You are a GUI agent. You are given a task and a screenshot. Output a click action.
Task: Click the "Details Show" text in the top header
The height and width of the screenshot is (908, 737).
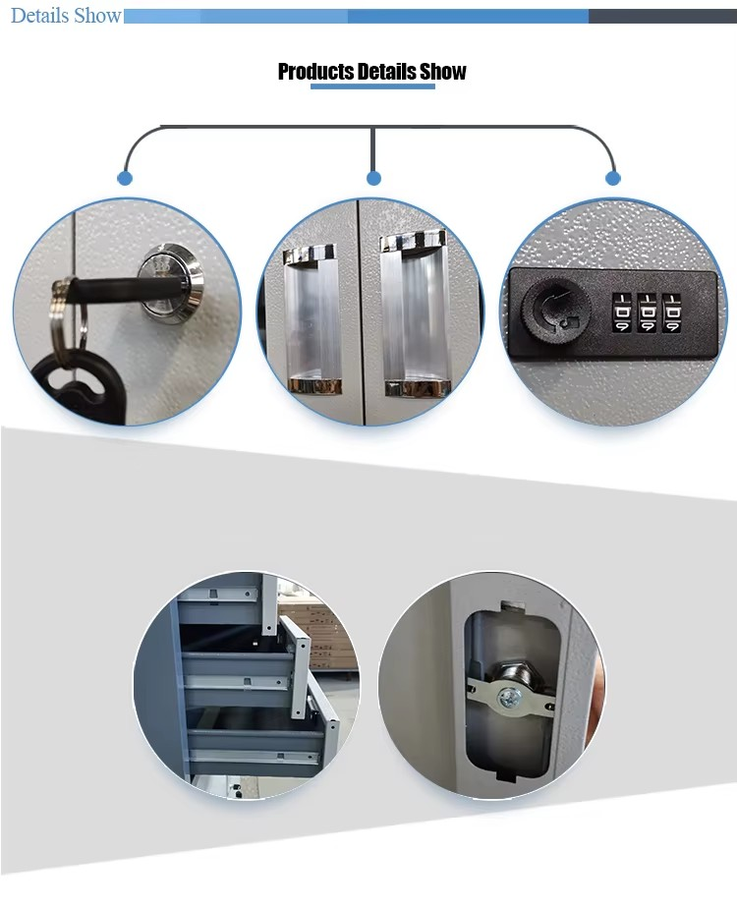[66, 16]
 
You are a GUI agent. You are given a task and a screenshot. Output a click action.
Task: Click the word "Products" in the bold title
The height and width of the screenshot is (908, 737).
[316, 71]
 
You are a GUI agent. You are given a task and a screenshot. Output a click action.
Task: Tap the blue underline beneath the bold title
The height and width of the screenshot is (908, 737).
[372, 86]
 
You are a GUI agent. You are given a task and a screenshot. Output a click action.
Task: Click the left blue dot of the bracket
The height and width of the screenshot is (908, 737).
[125, 178]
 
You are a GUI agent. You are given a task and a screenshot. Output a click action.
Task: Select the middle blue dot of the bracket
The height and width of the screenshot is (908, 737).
[373, 178]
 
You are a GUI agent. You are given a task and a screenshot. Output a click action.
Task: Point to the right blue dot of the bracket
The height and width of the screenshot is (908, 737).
[613, 178]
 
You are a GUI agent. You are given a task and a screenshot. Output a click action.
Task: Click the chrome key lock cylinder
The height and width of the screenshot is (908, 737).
[163, 281]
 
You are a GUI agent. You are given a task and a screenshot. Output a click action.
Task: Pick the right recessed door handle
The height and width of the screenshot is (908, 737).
[415, 314]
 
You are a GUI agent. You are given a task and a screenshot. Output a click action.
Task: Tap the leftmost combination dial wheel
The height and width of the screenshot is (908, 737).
[622, 313]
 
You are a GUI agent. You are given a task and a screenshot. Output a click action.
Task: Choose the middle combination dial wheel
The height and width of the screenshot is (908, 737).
[647, 313]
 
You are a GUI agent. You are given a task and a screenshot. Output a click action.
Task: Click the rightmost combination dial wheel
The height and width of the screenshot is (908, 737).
[671, 313]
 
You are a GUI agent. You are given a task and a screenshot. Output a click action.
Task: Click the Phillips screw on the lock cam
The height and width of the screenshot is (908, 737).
[510, 697]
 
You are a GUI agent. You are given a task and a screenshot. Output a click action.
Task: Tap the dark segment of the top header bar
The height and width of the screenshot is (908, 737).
[662, 16]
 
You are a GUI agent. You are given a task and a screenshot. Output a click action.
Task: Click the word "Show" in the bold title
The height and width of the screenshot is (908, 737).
[443, 71]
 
